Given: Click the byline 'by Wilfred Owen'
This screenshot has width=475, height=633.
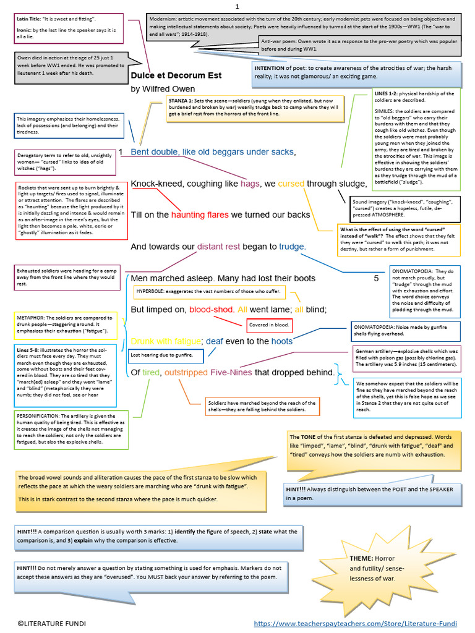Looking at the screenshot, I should pyautogui.click(x=163, y=89).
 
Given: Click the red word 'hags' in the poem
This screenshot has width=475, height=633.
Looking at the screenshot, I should pyautogui.click(x=250, y=184).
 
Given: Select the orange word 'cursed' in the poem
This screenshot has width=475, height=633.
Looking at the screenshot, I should pyautogui.click(x=291, y=184).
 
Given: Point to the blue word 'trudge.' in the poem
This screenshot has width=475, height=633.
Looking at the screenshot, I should pyautogui.click(x=293, y=247).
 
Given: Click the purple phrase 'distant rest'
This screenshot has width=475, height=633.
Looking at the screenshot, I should pyautogui.click(x=218, y=247).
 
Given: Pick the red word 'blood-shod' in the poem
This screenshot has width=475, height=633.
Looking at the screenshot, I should pyautogui.click(x=210, y=309).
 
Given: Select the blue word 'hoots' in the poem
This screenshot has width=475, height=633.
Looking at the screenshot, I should pyautogui.click(x=282, y=341).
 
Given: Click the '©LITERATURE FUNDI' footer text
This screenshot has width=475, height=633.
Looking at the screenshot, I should pyautogui.click(x=51, y=623).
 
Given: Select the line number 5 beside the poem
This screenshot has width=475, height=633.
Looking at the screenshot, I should pyautogui.click(x=376, y=278).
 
